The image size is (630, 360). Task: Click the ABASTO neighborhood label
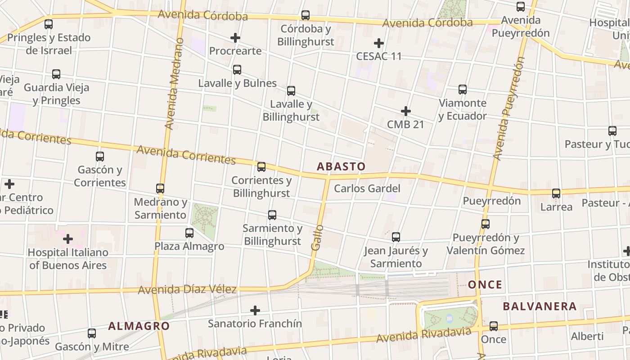(x=341, y=166)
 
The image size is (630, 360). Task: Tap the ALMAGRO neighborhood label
(x=139, y=326)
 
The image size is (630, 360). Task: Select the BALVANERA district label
(x=540, y=306)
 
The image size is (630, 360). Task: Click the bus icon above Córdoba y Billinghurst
(x=306, y=15)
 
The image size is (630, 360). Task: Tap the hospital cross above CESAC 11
(x=379, y=43)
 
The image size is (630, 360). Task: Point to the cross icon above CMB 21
(x=405, y=111)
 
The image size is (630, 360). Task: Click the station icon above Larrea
(x=556, y=193)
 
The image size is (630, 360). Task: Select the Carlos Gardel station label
(x=367, y=188)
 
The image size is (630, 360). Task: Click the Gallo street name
(x=317, y=238)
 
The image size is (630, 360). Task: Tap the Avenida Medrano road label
(x=175, y=84)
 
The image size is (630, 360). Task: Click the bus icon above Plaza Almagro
(x=189, y=233)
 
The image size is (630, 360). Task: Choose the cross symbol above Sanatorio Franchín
(x=255, y=310)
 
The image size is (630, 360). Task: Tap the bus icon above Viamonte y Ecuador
(x=463, y=90)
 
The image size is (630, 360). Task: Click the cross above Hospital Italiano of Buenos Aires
(x=68, y=238)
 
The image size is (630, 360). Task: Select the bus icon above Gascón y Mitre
(x=92, y=333)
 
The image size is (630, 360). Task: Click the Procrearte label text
(x=235, y=51)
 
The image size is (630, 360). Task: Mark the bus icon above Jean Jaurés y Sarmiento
(x=396, y=237)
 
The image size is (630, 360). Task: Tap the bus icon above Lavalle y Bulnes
(x=237, y=70)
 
